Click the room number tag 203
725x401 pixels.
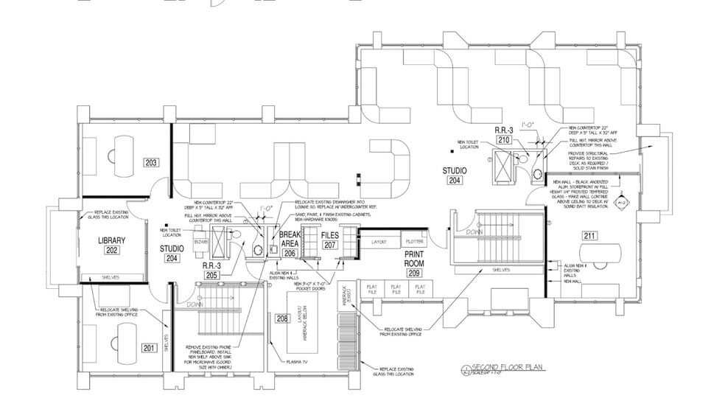[152, 163]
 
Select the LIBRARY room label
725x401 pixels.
[112, 240]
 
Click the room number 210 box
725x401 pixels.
[504, 139]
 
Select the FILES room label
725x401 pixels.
[329, 236]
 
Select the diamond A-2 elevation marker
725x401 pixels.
[620, 200]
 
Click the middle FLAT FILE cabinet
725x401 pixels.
[396, 289]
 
